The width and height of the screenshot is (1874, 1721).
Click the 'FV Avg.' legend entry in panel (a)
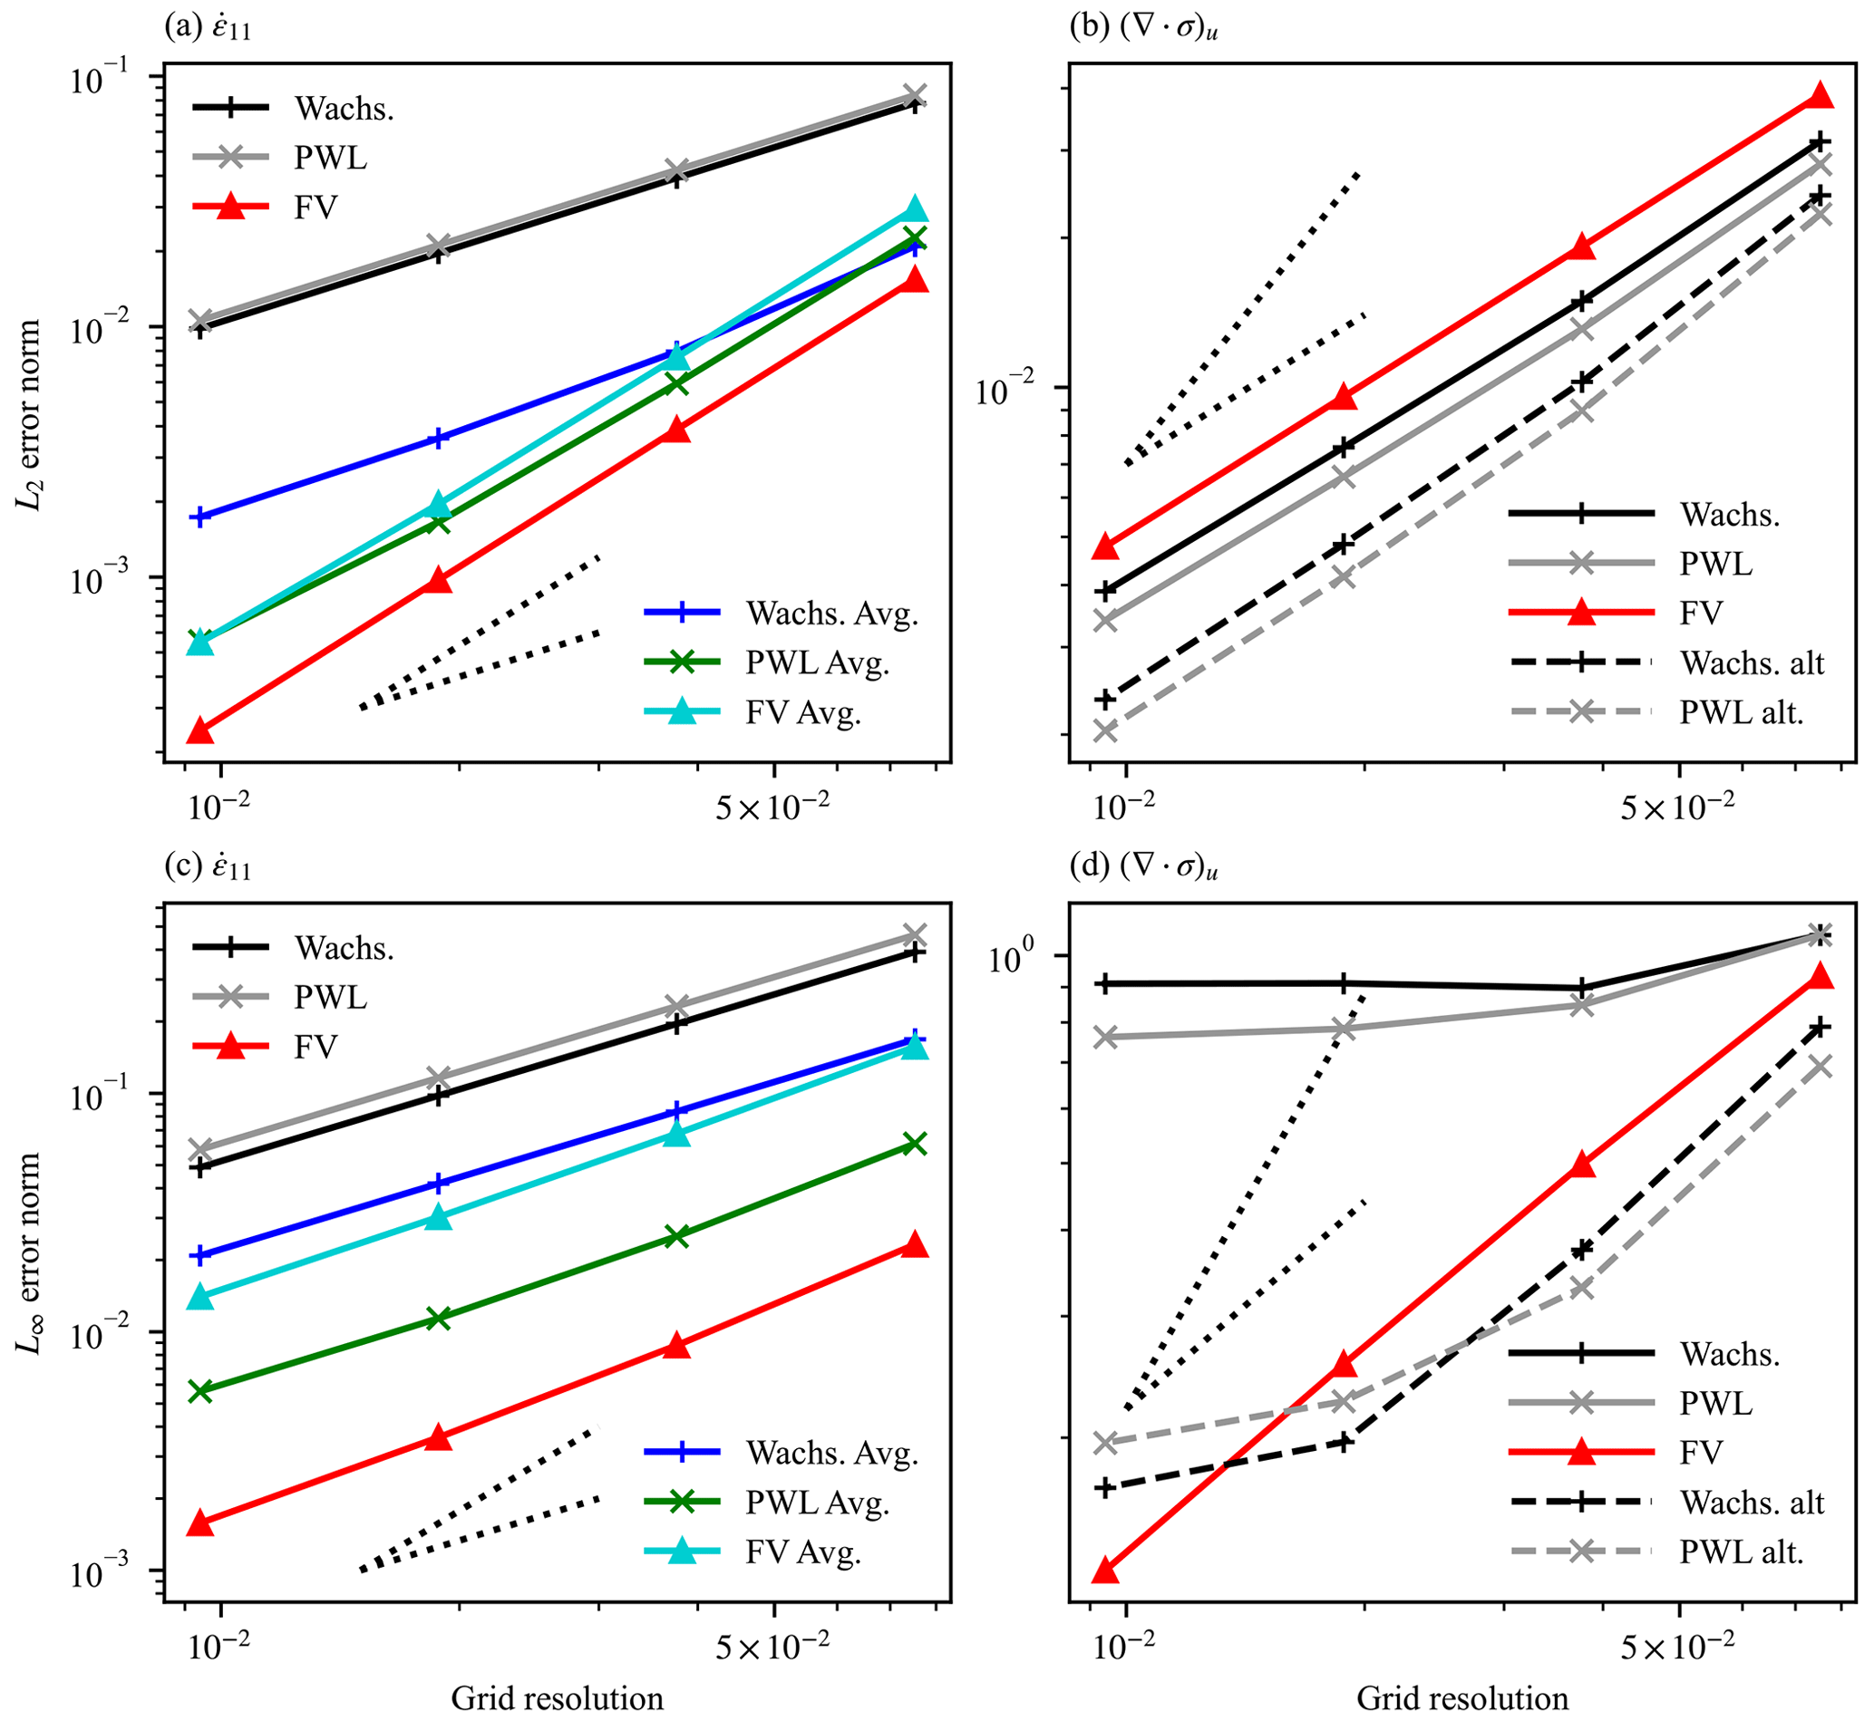click(x=803, y=712)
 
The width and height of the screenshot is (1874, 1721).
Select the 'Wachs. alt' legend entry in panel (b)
click(x=1751, y=662)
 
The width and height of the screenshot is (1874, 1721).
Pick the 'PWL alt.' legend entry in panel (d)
click(x=1741, y=1551)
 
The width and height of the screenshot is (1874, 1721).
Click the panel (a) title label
click(x=208, y=29)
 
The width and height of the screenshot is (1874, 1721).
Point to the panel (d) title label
click(x=1145, y=868)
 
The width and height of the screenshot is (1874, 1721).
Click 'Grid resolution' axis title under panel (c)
click(x=557, y=1697)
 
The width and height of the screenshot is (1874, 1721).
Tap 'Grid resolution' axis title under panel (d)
click(x=1462, y=1697)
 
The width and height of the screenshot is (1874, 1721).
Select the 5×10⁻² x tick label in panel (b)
click(x=1677, y=807)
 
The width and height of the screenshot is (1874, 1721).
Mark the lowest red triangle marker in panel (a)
click(x=200, y=731)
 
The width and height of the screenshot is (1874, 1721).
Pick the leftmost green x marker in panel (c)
click(x=200, y=1391)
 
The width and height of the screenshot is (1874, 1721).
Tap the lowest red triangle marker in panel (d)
click(x=1105, y=1571)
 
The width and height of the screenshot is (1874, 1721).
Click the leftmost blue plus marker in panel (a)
click(x=200, y=517)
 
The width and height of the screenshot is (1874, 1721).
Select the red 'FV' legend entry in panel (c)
click(x=315, y=1047)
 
